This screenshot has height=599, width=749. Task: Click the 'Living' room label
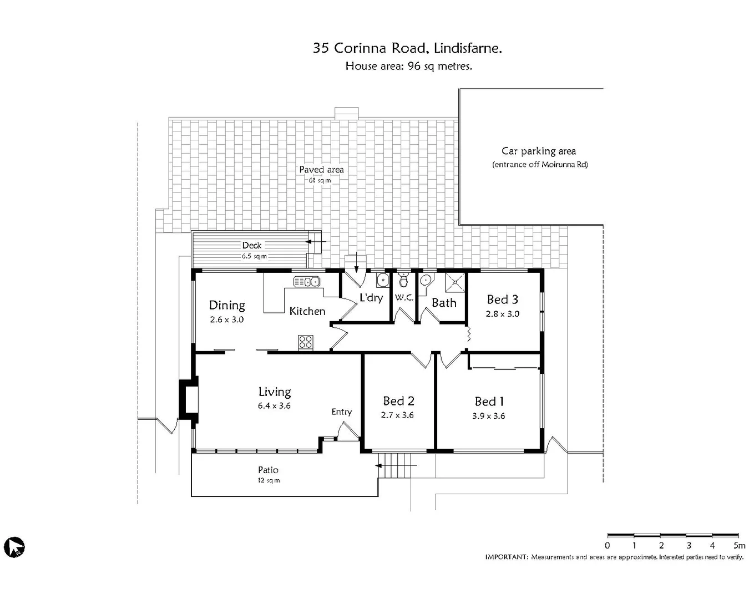[274, 392]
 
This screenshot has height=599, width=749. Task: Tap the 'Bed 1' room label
[489, 402]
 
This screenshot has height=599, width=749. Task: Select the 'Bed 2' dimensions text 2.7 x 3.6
[397, 415]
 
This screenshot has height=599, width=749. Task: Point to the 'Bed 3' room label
[502, 299]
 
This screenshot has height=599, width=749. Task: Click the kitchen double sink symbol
[307, 282]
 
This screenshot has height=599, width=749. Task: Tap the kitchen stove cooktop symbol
[306, 342]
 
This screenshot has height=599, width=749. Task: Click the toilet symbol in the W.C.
[403, 280]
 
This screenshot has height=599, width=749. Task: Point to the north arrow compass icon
[14, 547]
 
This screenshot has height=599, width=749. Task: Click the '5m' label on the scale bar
[739, 546]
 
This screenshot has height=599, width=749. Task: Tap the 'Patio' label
[268, 470]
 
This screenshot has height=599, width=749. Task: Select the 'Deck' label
[251, 245]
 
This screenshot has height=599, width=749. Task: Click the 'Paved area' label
[321, 170]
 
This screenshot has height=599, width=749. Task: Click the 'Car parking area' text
[539, 151]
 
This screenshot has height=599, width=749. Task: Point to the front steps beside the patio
[397, 465]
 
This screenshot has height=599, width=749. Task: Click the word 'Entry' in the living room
[342, 412]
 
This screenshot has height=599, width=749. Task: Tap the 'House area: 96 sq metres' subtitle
[408, 66]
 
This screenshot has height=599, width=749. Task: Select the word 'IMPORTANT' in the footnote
[506, 557]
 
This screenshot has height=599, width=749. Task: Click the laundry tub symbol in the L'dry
[382, 280]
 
